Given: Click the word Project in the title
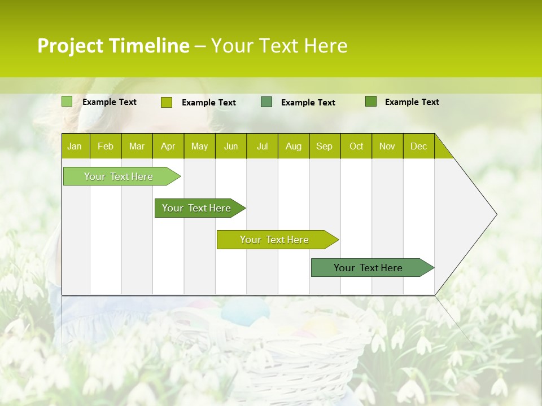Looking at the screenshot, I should (69, 46).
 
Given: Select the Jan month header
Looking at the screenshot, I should (75, 146).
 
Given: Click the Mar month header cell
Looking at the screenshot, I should (137, 146).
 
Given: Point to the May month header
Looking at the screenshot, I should (199, 146).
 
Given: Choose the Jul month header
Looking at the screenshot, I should (262, 146).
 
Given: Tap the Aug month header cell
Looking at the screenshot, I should (293, 146).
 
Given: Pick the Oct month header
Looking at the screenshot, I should (356, 146).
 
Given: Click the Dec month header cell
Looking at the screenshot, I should (418, 146).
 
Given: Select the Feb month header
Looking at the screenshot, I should (106, 146).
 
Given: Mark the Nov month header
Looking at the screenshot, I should (387, 146).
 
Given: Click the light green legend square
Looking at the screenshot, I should (67, 101).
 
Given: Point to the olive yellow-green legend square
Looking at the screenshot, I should (166, 102).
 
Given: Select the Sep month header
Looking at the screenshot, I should (324, 146).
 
